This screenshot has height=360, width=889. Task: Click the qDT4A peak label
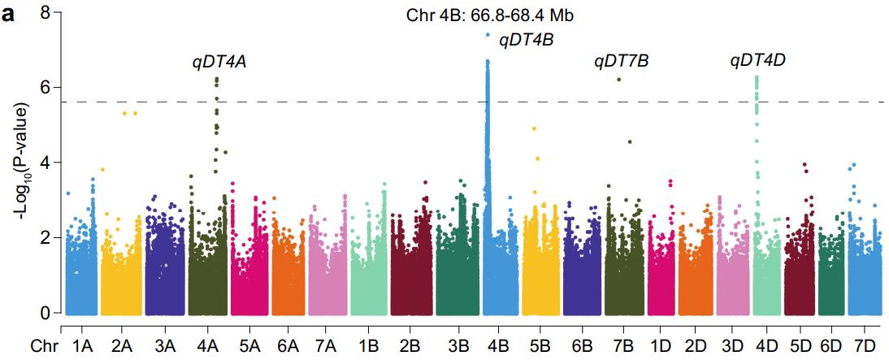click(219, 62)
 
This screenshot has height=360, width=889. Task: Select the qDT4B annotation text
click(526, 38)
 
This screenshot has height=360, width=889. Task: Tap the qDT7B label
click(622, 62)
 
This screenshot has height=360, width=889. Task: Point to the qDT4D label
click(757, 60)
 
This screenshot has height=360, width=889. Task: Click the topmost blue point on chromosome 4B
click(488, 35)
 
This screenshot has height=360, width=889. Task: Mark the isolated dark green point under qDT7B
click(619, 79)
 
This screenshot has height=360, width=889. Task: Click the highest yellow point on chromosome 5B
click(534, 128)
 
